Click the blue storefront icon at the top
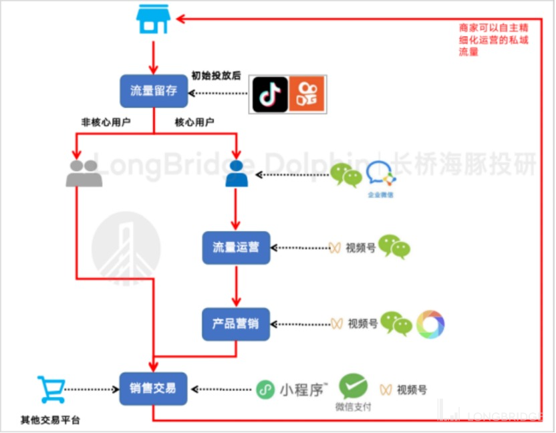tap(152, 20)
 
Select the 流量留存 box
tap(154, 90)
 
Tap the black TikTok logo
tap(270, 94)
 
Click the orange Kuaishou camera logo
tap(307, 94)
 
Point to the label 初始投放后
tap(216, 76)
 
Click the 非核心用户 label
tap(105, 122)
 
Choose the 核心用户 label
tap(194, 122)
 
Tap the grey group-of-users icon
tap(84, 173)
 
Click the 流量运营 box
tap(237, 247)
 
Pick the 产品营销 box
tap(237, 324)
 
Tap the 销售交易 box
tap(153, 388)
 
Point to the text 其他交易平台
tap(50, 420)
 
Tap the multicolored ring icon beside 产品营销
tap(430, 324)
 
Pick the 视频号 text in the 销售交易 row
tap(412, 390)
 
